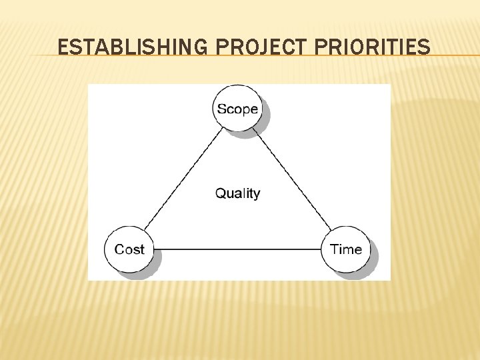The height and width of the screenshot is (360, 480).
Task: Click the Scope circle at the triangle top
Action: pyautogui.click(x=237, y=109)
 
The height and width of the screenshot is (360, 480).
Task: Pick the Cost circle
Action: pyautogui.click(x=129, y=249)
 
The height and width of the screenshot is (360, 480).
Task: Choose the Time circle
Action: pyautogui.click(x=345, y=249)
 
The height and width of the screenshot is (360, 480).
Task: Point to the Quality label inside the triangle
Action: pyautogui.click(x=237, y=193)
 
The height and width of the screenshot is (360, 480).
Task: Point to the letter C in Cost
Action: pyautogui.click(x=119, y=249)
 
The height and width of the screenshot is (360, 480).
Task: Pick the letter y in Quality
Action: pyautogui.click(x=257, y=195)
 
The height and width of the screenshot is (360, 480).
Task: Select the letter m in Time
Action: pyautogui.click(x=348, y=250)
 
